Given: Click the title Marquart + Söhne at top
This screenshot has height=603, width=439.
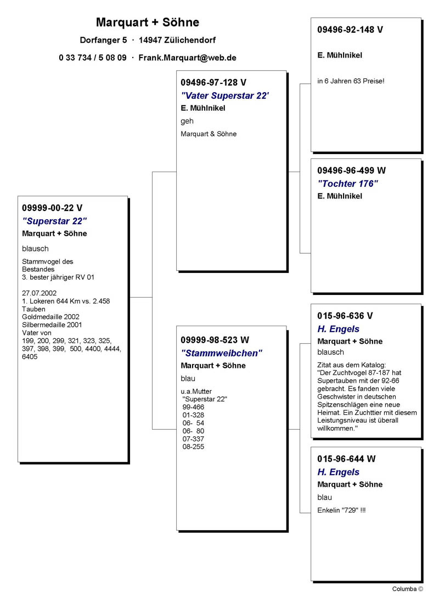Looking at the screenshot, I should [x=147, y=22].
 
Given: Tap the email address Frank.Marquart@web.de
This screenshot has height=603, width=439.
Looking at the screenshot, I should [x=187, y=58].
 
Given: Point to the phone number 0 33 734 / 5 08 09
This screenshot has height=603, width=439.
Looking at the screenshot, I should [x=93, y=58].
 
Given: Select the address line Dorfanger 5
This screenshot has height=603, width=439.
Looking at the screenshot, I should [x=103, y=41].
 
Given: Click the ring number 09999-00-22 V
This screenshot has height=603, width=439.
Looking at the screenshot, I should [x=52, y=208].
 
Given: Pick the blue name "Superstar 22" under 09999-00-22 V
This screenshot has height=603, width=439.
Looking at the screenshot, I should [x=54, y=221].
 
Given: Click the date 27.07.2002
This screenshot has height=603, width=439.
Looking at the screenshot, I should [x=39, y=293].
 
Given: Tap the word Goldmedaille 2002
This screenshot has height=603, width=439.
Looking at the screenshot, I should [x=50, y=317].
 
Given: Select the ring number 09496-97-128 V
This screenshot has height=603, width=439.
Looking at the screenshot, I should [x=213, y=83].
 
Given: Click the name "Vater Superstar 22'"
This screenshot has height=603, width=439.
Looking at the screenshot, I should [x=225, y=95].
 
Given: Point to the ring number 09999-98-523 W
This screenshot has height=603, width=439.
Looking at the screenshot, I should [x=215, y=340].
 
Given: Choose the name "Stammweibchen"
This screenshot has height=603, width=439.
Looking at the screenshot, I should [x=222, y=353].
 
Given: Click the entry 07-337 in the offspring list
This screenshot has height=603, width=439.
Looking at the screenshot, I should [x=193, y=439].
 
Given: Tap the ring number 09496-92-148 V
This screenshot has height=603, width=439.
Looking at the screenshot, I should [x=350, y=30].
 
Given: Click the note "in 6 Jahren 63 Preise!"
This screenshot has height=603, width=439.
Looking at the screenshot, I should [x=351, y=81].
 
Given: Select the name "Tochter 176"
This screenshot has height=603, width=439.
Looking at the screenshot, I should [x=348, y=184].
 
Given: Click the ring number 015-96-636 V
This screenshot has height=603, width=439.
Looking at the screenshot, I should [x=345, y=316].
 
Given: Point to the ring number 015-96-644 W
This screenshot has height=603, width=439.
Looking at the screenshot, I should [x=346, y=459].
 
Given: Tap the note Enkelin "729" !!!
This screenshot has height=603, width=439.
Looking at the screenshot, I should [x=341, y=510].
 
